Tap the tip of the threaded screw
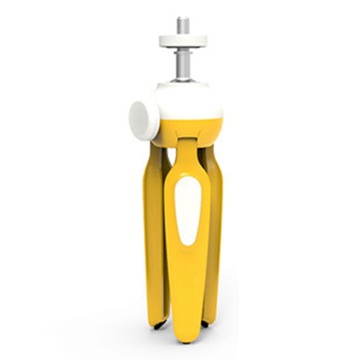[x=183, y=20]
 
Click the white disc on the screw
[x=183, y=41]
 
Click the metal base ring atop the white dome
[x=183, y=81]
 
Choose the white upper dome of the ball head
[x=188, y=101]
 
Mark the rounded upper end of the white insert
[x=187, y=186]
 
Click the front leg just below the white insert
[x=187, y=264]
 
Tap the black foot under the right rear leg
[x=205, y=325]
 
